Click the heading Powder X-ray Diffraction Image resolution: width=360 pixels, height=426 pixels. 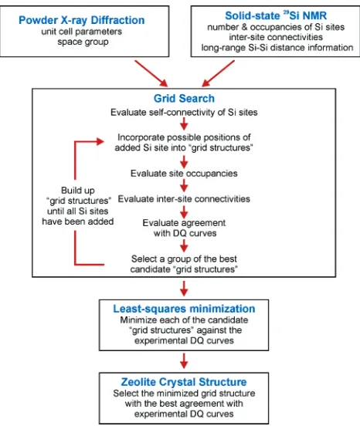pos(82,20)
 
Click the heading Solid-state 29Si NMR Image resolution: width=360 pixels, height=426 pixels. pos(276,15)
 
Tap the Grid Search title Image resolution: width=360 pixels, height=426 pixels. pos(184,98)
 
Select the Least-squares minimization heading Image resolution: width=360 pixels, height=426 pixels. pos(184,309)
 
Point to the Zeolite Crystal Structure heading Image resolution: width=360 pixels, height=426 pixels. pos(184,382)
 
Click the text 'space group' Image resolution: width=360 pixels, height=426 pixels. pos(83,42)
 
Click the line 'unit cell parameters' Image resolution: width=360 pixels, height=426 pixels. pos(82,32)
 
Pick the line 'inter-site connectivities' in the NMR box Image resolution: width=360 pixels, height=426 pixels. pos(276,37)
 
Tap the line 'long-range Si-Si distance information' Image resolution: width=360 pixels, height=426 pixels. pos(277,48)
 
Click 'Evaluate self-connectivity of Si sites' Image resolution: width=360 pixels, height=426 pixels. pos(184,112)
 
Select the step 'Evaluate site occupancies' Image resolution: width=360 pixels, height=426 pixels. pos(184,174)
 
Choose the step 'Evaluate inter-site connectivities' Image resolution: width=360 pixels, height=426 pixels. pos(184,199)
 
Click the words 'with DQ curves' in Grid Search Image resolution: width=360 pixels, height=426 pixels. pos(185,233)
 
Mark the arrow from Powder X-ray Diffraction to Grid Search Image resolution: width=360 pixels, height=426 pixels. pos(151,73)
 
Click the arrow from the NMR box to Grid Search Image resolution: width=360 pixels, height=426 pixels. pos(218,73)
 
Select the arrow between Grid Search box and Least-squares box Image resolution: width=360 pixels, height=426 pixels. pos(184,289)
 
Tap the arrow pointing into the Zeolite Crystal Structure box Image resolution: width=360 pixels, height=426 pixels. pos(184,361)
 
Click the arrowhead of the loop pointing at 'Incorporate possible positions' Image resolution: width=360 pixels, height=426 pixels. pos(100,141)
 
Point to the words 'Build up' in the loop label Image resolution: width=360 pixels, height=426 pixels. pos(78,190)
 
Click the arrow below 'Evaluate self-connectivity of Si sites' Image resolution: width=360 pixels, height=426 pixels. pos(184,125)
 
